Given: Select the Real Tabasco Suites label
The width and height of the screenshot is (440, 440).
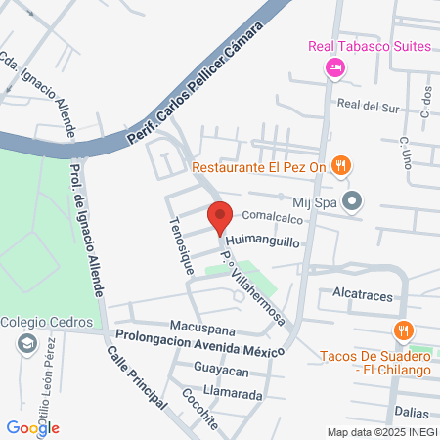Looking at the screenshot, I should click(369, 46).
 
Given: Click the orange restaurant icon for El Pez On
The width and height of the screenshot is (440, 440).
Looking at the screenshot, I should click(340, 165).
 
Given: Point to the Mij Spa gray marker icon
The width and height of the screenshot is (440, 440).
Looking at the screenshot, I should click(355, 202).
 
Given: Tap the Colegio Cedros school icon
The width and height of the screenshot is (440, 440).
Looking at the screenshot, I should click(26, 344).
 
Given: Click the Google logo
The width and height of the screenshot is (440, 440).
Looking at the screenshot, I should click(32, 427).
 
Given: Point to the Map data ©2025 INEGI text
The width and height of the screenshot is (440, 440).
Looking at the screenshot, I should click(381, 432).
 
